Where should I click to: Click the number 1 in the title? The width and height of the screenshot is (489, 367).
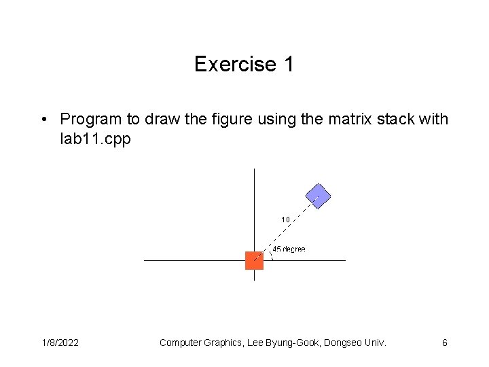click(x=289, y=65)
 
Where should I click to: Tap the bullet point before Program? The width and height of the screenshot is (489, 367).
click(x=43, y=120)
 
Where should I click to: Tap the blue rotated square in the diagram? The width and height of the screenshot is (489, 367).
click(x=317, y=196)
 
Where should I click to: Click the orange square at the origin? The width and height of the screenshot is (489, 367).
click(x=254, y=260)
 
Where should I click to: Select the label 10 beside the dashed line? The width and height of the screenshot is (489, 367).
click(x=285, y=220)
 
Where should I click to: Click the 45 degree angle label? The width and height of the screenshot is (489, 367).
click(x=289, y=249)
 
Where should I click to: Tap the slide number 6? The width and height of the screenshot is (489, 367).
click(x=445, y=343)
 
